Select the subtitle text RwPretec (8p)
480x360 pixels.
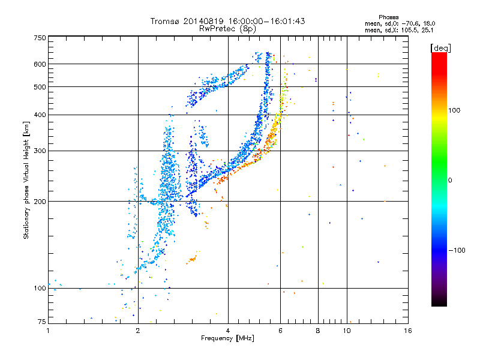click(227, 29)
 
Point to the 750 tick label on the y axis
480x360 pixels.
click(40, 38)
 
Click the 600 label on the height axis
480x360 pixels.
click(40, 64)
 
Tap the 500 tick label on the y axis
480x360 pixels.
click(40, 87)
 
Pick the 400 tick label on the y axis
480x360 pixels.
click(40, 115)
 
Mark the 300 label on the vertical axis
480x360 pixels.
click(40, 151)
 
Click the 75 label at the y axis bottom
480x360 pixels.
click(42, 322)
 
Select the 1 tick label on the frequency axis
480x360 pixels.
click(48, 331)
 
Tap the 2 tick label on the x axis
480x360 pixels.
click(138, 331)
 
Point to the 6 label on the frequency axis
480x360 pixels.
click(280, 331)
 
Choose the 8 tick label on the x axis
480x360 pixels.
click(318, 331)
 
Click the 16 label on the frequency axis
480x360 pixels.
click(408, 331)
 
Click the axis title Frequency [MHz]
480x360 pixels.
click(227, 338)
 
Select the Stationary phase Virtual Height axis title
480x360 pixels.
click(26, 181)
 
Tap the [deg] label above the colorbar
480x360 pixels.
click(440, 49)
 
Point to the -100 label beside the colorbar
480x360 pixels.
click(457, 250)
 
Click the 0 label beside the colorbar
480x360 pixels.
click(450, 181)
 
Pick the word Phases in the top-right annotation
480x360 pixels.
click(388, 17)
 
